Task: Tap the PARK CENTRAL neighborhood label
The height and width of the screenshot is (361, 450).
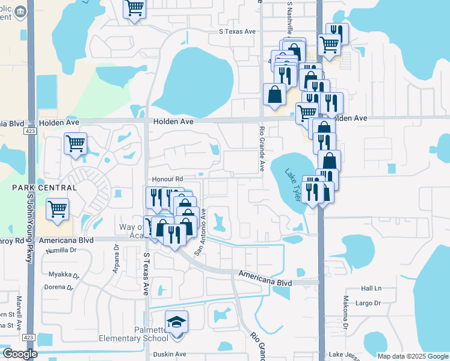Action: pyautogui.click(x=45, y=188)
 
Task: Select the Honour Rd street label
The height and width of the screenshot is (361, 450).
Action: pyautogui.click(x=167, y=179)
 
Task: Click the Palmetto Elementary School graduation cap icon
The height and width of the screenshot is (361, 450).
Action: pyautogui.click(x=176, y=322)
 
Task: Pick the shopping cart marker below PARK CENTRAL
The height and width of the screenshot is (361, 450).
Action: pyautogui.click(x=58, y=210)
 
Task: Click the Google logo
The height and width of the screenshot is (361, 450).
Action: pyautogui.click(x=20, y=354)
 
